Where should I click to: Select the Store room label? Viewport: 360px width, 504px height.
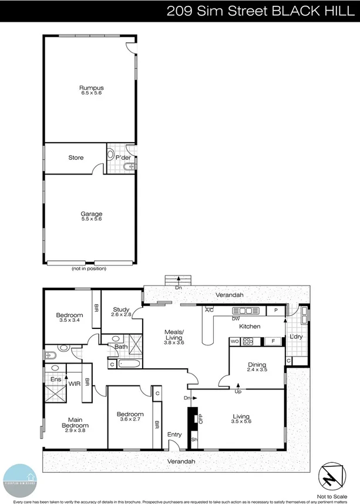pos(76,157)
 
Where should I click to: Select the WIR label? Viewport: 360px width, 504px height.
pos(75,383)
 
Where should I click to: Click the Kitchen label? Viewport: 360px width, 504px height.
pos(265,326)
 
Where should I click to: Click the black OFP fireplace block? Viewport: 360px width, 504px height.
pos(191,419)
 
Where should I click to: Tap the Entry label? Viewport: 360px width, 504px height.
pos(174,435)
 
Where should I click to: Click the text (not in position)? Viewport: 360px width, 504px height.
pos(89,268)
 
